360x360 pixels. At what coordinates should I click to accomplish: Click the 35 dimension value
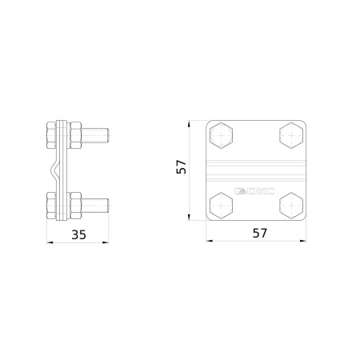click(79, 234)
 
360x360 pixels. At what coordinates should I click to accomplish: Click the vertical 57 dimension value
click(182, 167)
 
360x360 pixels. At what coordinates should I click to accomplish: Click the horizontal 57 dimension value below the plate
click(260, 233)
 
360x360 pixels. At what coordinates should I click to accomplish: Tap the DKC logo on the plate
click(254, 191)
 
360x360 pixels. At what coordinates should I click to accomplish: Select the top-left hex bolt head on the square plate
click(221, 135)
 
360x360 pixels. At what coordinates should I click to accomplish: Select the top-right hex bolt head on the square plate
click(291, 135)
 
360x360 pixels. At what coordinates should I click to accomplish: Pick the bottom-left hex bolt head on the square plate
click(221, 206)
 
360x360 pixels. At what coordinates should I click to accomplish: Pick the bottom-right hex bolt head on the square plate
click(291, 206)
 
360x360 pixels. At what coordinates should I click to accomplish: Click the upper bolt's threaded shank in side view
click(95, 135)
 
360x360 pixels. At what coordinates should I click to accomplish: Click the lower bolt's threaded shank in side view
click(95, 206)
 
